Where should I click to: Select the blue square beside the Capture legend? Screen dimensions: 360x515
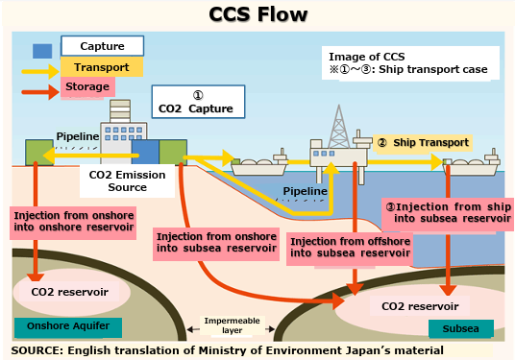(x=43, y=50)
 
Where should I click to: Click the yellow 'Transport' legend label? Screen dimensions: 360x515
(x=102, y=67)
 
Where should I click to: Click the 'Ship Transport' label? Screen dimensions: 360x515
(x=423, y=143)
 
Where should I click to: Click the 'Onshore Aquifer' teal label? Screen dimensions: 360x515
(x=56, y=327)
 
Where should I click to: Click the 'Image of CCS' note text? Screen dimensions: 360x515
(x=409, y=62)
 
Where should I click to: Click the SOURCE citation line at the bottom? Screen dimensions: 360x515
(x=228, y=350)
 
